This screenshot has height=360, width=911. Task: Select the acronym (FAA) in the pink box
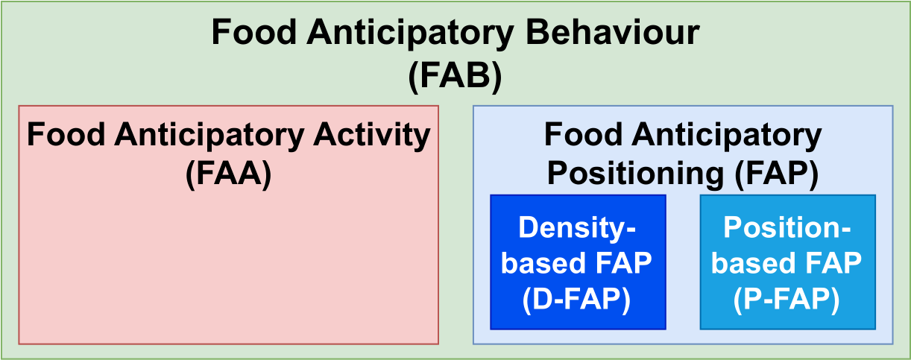[227, 175]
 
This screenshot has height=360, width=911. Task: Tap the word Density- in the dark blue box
[577, 228]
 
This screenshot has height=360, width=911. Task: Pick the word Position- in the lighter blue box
[787, 228]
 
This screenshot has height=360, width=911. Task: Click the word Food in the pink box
[61, 136]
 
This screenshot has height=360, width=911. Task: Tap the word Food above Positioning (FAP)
[579, 136]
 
